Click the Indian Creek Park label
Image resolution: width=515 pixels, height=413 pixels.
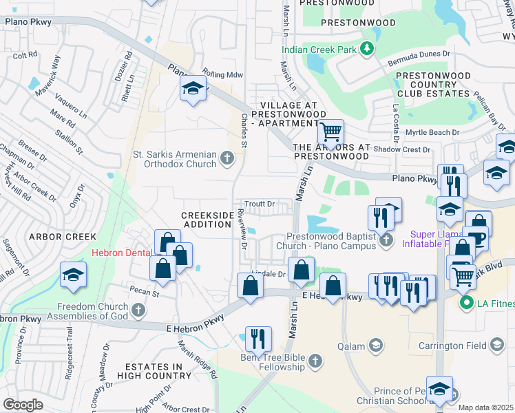click(321, 49)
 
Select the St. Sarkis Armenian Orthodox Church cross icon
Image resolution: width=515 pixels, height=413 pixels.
click(227, 160)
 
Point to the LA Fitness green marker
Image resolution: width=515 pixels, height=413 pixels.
click(465, 302)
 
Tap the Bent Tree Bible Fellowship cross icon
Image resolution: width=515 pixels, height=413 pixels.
click(315, 360)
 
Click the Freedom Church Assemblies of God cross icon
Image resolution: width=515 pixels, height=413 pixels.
click(138, 310)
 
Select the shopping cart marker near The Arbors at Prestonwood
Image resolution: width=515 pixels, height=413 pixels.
click(331, 131)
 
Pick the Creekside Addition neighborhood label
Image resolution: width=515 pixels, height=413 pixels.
click(207, 220)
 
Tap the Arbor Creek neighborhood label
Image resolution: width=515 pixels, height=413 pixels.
click(62, 236)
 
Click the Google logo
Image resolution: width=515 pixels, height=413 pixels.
click(23, 405)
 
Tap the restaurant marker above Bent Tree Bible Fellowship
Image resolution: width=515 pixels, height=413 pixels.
click(258, 338)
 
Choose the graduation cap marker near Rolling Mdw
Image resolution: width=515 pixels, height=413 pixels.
click(193, 88)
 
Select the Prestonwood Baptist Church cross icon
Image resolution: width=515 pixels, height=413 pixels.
click(386, 240)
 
